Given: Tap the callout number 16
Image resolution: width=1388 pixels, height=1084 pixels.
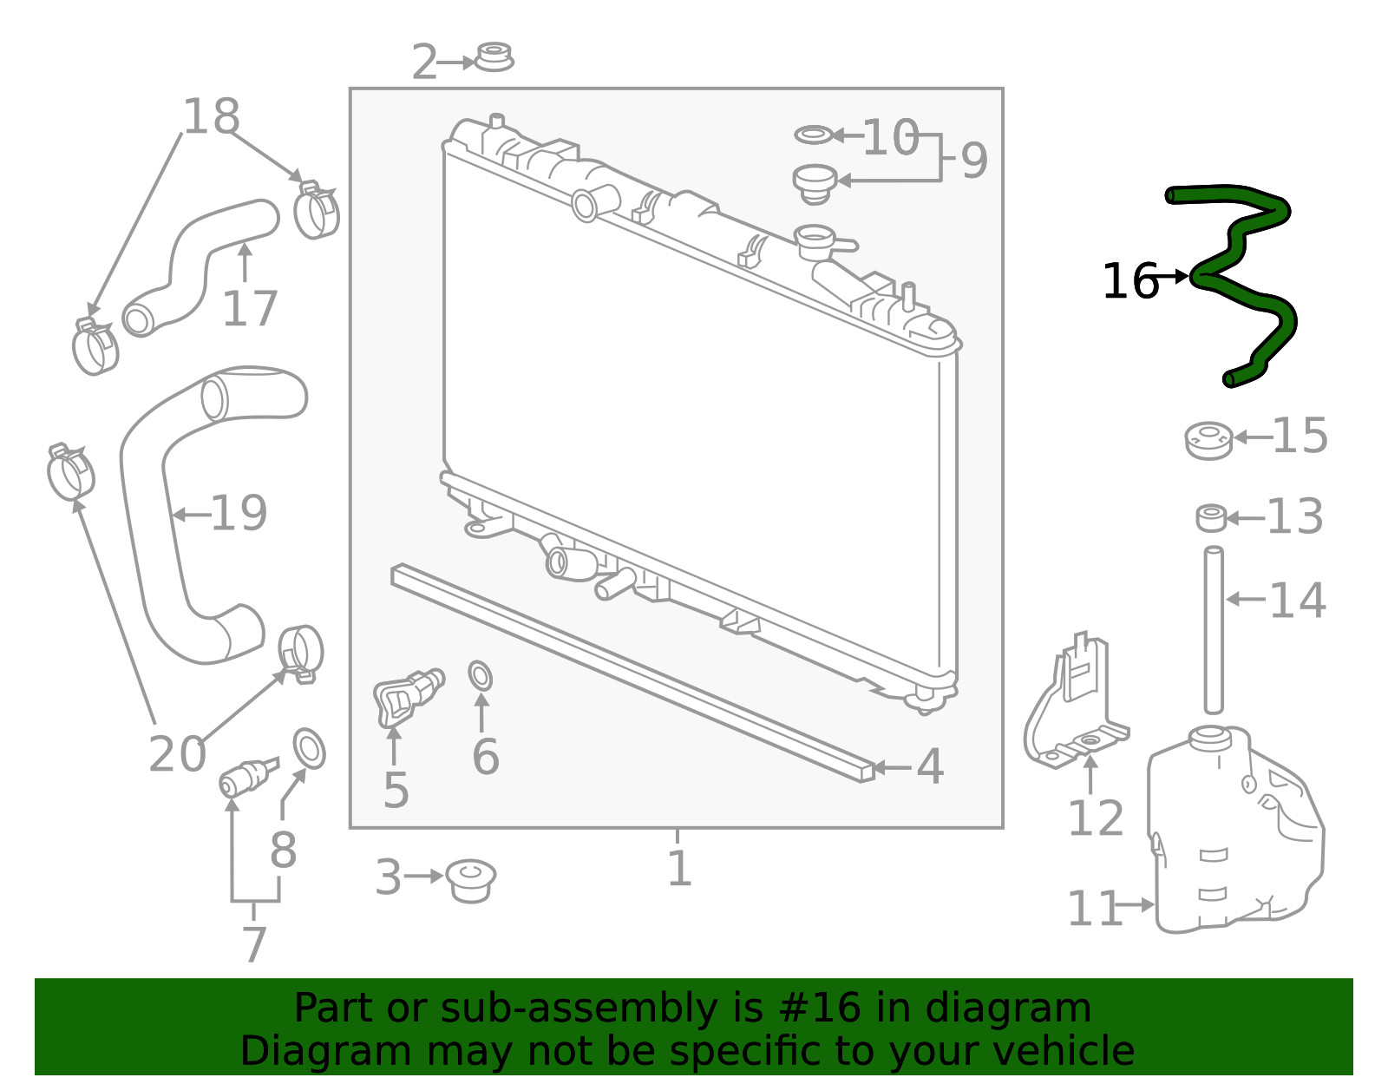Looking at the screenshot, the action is (x=1130, y=281).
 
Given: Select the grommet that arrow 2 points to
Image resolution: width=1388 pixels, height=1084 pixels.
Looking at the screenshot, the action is (x=494, y=57).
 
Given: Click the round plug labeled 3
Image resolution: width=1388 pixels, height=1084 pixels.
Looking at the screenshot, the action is (x=471, y=882).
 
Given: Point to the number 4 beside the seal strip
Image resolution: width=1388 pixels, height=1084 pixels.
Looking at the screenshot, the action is (x=930, y=766).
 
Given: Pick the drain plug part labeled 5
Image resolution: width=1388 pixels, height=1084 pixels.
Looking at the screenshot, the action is (x=408, y=698).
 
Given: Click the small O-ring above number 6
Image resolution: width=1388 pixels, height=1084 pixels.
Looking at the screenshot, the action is (x=481, y=676).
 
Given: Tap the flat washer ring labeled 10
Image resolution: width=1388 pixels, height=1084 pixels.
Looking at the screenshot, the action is (x=814, y=135).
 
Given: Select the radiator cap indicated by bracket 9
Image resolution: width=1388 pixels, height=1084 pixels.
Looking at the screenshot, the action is (x=815, y=185).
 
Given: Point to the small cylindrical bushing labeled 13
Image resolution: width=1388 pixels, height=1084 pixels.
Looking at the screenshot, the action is (x=1211, y=518).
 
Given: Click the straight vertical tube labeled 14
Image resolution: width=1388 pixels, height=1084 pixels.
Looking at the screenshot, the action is (x=1214, y=630).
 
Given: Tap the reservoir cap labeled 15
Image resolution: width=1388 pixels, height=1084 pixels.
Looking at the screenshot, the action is (x=1208, y=441).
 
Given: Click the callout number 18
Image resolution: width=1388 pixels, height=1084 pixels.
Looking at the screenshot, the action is (x=212, y=116).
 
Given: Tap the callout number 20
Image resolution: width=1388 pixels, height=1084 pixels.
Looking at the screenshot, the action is (x=178, y=753).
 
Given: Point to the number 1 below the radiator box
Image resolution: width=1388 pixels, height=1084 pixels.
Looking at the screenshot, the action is (x=679, y=869).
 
